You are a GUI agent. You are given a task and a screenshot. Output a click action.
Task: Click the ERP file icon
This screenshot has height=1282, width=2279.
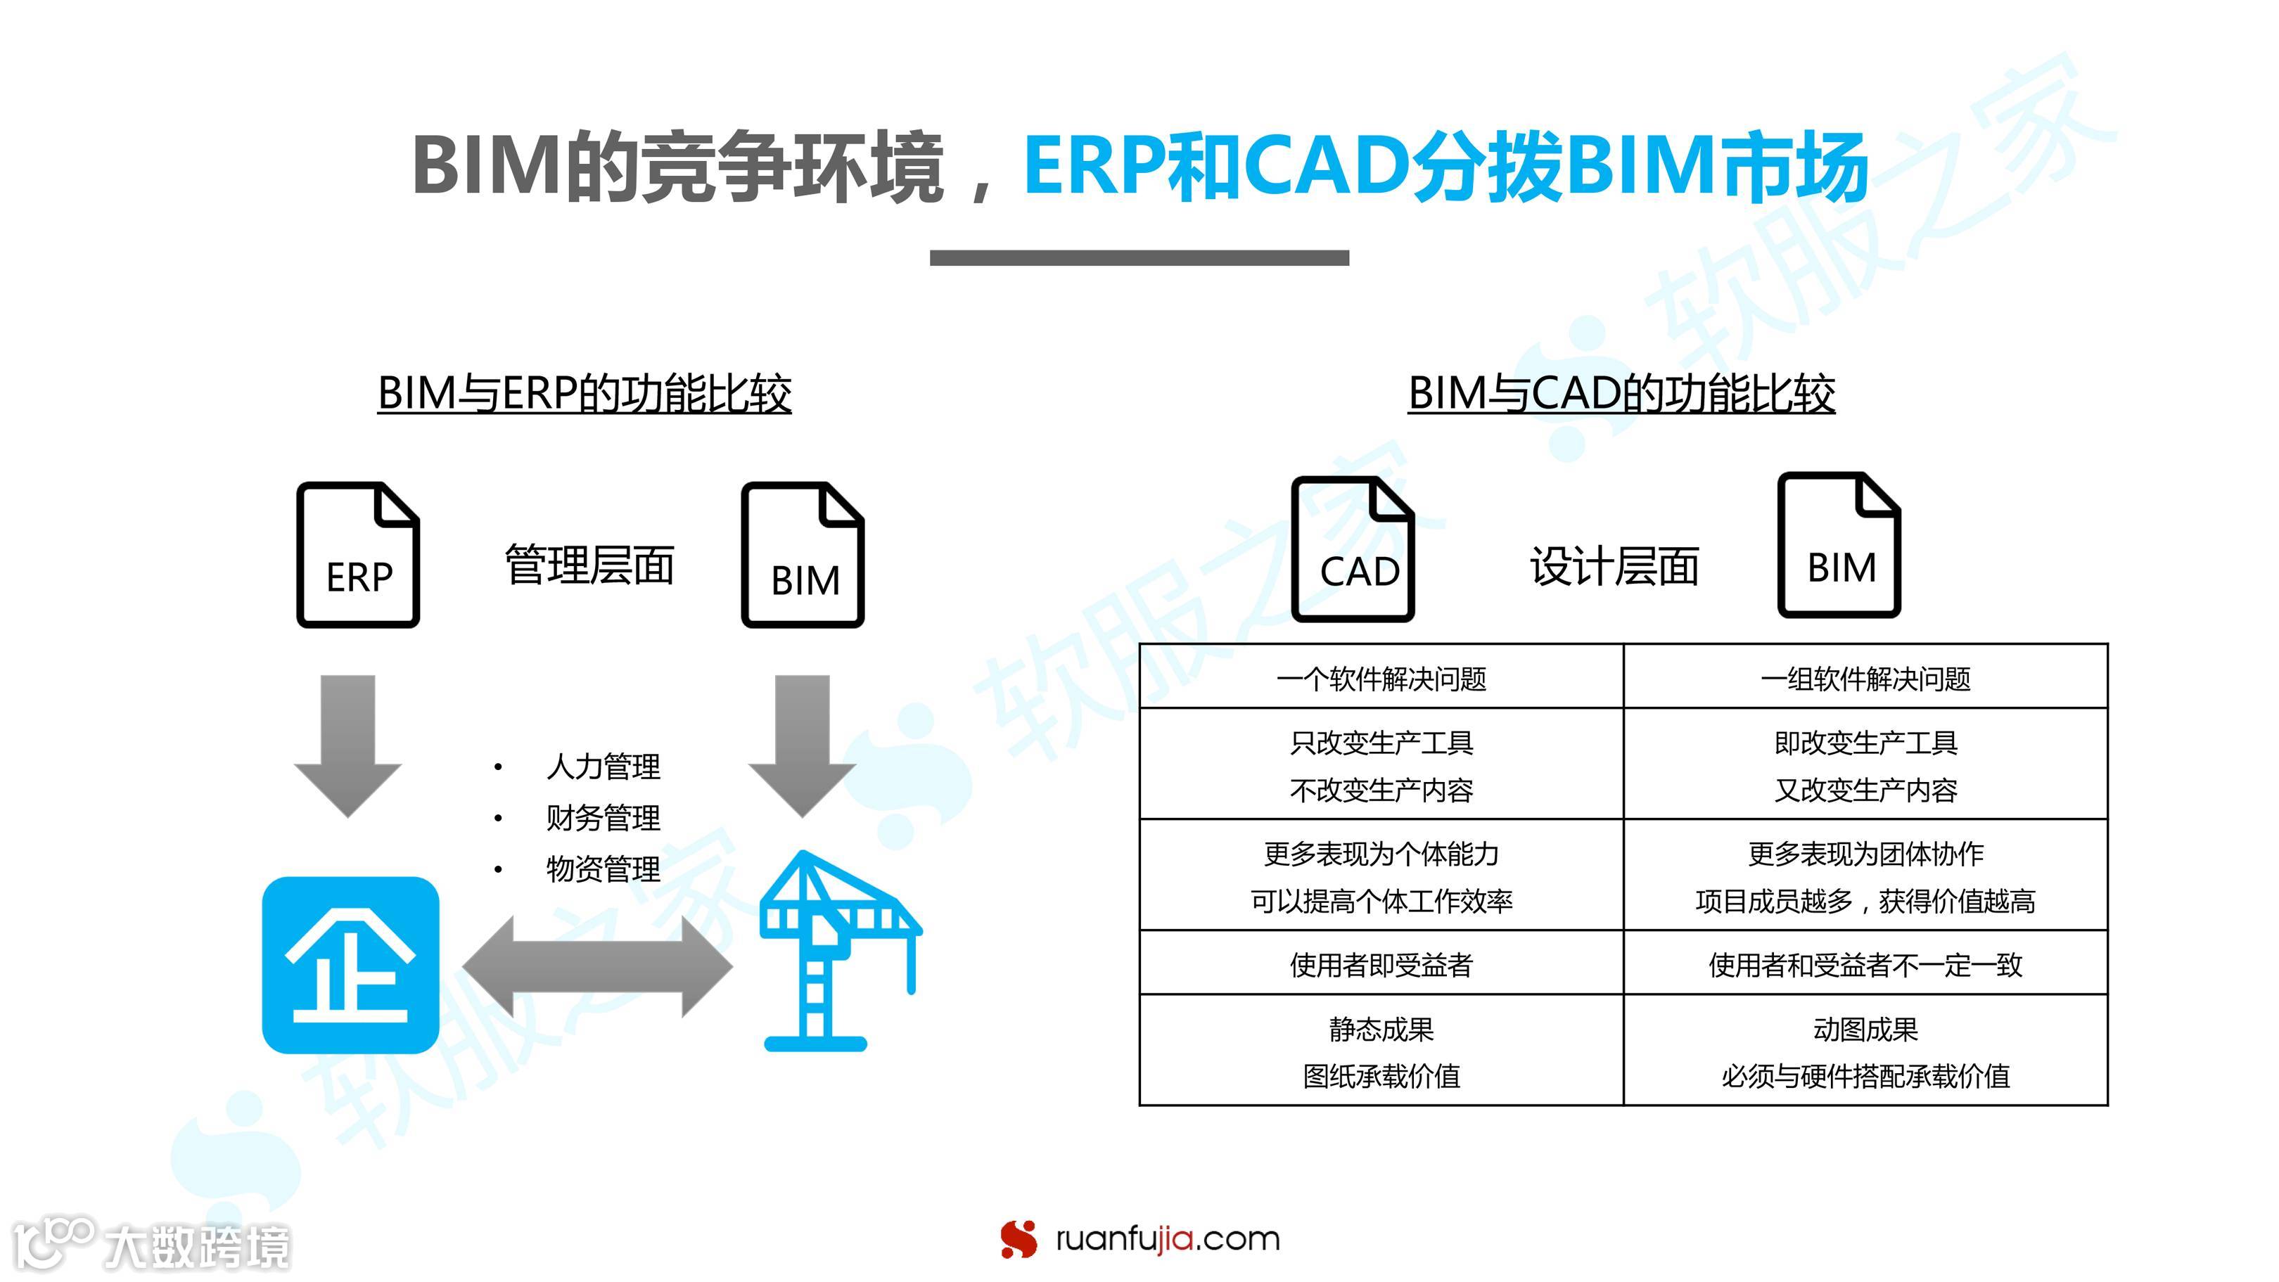coord(357,555)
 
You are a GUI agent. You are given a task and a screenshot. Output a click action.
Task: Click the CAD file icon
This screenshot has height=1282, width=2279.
coord(1353,549)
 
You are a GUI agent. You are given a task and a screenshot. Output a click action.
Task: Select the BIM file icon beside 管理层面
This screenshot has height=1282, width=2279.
coord(803,555)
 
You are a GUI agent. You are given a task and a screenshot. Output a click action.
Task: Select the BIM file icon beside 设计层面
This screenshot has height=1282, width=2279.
coord(1839,545)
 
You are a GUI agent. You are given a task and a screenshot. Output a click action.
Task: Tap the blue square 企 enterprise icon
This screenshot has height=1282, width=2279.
coord(350,964)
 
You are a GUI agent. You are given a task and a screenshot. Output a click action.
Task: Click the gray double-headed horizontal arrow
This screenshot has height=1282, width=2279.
coord(597,966)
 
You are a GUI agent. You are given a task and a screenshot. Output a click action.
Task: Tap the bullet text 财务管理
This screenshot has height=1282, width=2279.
coord(603,817)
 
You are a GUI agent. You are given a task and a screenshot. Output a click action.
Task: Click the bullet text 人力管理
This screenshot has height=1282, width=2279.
coord(603,767)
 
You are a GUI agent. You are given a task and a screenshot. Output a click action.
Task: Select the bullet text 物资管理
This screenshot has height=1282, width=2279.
coord(603,868)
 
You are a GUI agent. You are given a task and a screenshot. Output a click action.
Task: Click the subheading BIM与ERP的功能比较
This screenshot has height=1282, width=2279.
coord(584,394)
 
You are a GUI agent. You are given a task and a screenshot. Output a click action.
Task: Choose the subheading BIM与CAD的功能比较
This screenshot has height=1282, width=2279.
coord(1621,394)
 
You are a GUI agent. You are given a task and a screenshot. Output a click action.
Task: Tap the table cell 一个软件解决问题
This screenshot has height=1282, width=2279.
coord(1381,679)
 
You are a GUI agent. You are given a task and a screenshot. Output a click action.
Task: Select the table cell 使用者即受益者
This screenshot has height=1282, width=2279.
coord(1381,964)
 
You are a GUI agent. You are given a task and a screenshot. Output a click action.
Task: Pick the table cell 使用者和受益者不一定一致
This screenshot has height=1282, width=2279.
coord(1865,964)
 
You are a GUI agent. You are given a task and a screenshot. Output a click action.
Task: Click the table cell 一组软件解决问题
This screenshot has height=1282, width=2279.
coord(1865,679)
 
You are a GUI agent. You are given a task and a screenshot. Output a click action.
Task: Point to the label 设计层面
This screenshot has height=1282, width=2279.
coord(1614,566)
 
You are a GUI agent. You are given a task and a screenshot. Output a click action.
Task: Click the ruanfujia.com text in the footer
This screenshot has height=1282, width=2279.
coord(1167,1238)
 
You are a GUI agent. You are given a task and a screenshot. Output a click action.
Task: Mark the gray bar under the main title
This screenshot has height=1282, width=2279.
coord(1139,257)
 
